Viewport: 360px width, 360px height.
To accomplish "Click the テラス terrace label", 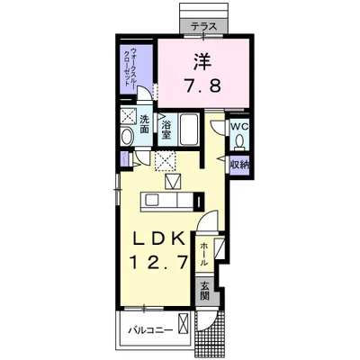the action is pos(204,27).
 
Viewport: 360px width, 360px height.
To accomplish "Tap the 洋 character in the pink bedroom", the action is pos(202,61).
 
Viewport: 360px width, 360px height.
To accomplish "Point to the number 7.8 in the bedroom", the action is pos(202,86).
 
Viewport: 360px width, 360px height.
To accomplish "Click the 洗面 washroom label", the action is pos(144,124).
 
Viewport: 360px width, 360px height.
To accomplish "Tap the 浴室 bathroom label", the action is pos(166,130).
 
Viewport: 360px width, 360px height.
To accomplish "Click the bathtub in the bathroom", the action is pos(188,130).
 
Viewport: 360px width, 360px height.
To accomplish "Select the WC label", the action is pos(239,126).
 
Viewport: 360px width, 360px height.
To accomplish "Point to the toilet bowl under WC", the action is pos(239,141).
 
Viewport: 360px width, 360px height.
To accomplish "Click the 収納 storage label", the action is pos(239,165).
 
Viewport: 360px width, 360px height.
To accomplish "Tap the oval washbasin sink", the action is pos(127,137).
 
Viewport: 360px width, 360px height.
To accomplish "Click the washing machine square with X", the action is pos(129,116).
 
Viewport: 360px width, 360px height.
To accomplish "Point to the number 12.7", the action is pos(159,262).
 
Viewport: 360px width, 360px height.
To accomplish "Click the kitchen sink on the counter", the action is pos(153,199).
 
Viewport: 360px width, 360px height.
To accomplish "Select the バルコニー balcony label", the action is pos(151,330).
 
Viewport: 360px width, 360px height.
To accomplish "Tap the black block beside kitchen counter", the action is pos(197,202).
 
